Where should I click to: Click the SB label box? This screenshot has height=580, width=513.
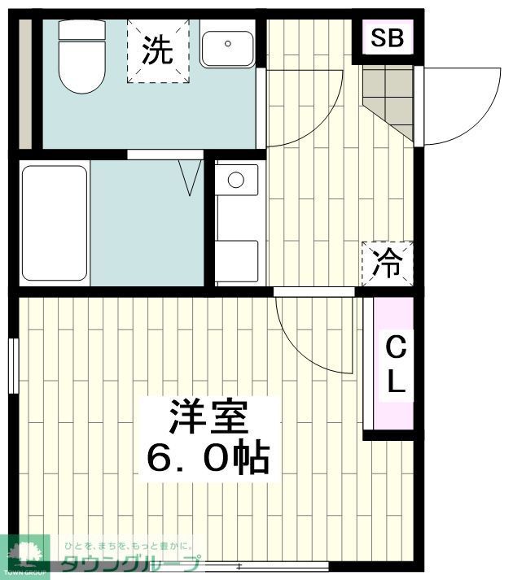(388, 38)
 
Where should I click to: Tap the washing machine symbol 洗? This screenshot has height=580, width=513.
(158, 50)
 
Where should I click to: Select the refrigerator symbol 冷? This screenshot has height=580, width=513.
(388, 263)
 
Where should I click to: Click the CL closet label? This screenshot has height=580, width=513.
(395, 365)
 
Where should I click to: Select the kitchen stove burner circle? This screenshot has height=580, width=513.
(236, 179)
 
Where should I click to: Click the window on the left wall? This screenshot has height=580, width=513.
(14, 365)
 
